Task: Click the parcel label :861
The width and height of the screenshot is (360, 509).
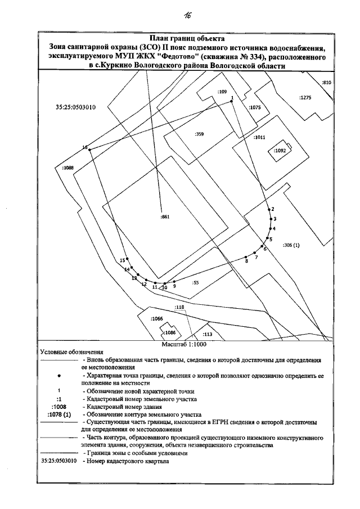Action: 165,216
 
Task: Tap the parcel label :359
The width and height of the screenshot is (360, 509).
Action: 199,134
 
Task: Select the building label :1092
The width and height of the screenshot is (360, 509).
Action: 280,151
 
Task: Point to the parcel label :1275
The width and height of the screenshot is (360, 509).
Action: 305,98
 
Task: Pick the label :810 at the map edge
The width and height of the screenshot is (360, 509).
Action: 327,83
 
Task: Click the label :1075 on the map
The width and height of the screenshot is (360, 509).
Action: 255,107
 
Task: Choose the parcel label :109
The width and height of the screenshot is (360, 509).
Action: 222,91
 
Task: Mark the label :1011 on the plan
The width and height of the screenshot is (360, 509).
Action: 259,137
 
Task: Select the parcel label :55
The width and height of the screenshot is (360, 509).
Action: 196,282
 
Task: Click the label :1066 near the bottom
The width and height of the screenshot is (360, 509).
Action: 157,319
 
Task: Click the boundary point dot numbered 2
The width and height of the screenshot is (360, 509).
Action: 269,209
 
